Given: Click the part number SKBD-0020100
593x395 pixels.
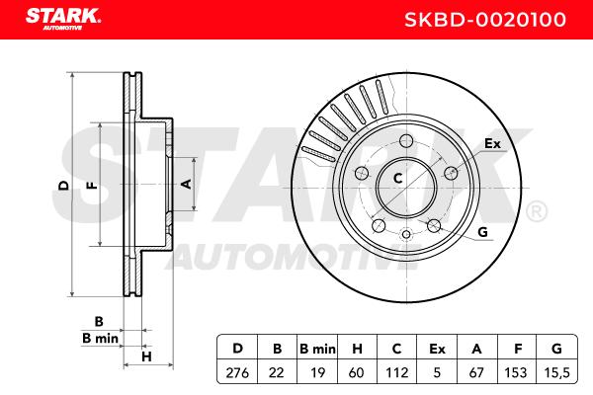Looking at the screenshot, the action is point(485,20).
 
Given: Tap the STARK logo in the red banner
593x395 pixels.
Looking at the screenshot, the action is point(63,19).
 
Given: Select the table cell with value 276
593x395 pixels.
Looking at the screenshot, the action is point(237,372).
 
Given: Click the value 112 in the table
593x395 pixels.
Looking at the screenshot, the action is point(396,372).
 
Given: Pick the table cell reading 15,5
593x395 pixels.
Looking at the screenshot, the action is point(557,372).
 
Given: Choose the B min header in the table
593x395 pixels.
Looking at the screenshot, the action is point(317,349).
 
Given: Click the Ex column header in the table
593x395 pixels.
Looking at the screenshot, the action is point(437,349).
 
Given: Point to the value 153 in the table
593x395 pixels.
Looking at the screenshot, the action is point(516,372).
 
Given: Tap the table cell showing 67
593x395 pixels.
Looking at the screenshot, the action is point(476,372).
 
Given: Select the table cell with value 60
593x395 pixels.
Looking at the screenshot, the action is point(357,372).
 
